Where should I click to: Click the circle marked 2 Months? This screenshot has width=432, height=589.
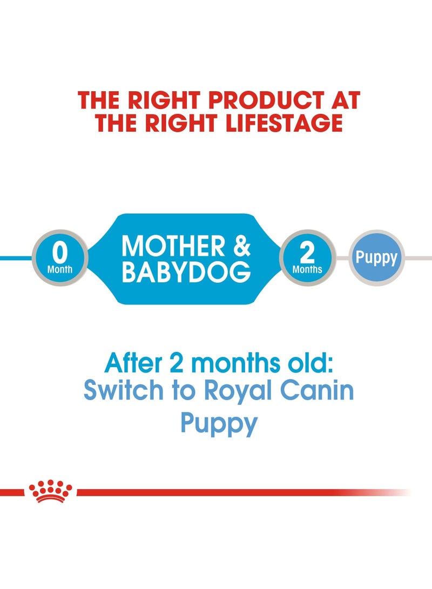(x=307, y=258)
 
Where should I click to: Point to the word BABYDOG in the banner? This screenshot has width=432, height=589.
(x=186, y=272)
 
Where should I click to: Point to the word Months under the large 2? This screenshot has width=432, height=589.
(x=307, y=269)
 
